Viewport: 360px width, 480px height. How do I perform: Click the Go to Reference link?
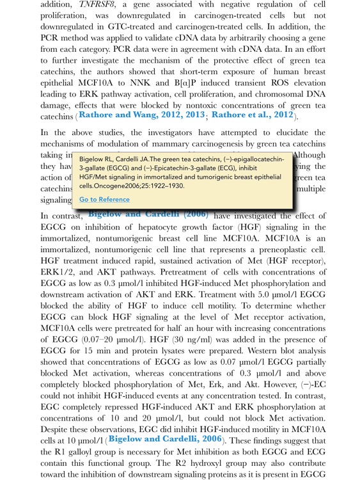(104, 200)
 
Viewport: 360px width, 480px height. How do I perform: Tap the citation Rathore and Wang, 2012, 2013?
(142, 115)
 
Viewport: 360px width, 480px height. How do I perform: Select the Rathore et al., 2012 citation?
(252, 115)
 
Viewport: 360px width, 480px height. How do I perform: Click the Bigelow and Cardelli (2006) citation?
(148, 214)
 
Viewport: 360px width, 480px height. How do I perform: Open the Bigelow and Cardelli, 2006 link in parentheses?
(166, 439)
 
